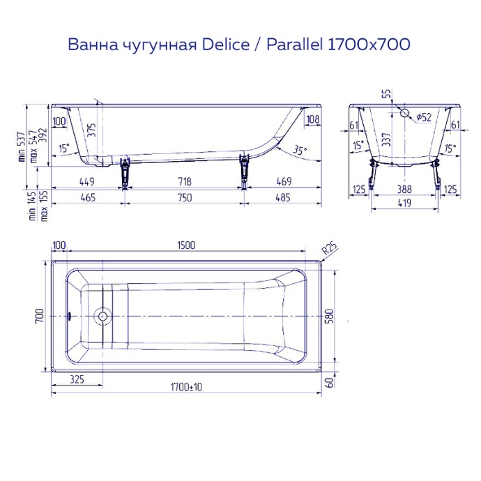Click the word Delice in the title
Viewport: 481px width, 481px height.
[225, 45]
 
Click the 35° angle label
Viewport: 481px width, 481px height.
[299, 150]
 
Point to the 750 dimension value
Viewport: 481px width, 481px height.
[184, 198]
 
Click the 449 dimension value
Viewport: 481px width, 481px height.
[87, 181]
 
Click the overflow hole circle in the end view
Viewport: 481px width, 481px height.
[404, 112]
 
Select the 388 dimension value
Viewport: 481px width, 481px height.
[404, 189]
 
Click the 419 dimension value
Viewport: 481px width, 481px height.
[404, 204]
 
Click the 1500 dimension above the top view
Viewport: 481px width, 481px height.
[186, 245]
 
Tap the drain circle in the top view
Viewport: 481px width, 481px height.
[102, 316]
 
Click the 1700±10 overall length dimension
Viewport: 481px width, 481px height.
[186, 387]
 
